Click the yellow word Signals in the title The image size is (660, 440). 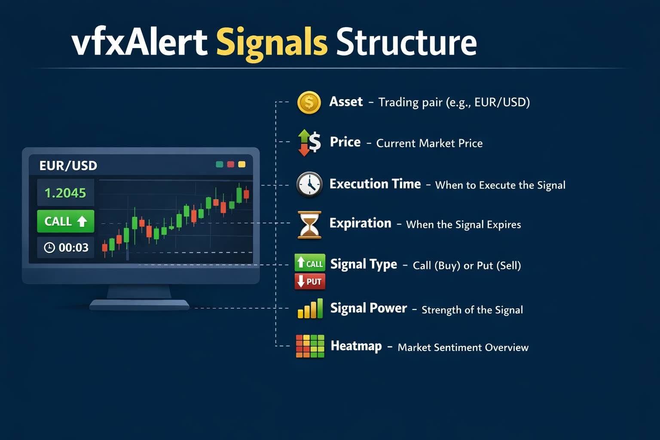[x=272, y=43]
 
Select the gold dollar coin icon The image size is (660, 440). [x=309, y=103]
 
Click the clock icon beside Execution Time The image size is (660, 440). [x=309, y=184]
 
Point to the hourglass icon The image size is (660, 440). [x=309, y=224]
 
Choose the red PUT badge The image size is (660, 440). [x=310, y=281]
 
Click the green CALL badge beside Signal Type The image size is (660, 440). [x=310, y=263]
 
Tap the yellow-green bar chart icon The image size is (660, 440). [x=310, y=309]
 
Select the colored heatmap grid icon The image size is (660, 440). [x=310, y=346]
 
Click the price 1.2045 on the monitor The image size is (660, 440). [x=65, y=193]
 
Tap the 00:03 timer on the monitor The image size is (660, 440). [x=66, y=247]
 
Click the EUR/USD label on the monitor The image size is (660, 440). [x=68, y=165]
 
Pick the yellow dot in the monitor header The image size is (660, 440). [x=242, y=164]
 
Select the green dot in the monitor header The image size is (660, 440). [x=219, y=164]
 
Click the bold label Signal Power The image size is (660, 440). [x=368, y=308]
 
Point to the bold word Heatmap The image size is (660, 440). [x=356, y=346]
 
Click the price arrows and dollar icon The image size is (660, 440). [x=309, y=142]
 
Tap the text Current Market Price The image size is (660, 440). [x=429, y=143]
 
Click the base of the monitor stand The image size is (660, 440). [x=139, y=305]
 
